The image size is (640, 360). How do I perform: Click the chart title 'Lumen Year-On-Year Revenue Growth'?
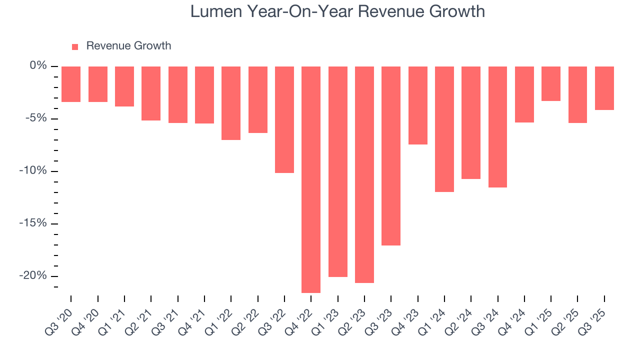[337, 11]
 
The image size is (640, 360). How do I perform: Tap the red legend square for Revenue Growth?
[75, 46]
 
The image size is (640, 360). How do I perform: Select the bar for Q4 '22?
[311, 179]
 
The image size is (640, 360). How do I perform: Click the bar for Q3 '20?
[71, 84]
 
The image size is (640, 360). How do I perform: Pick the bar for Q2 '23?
[364, 174]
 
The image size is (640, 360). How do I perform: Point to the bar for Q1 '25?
[551, 83]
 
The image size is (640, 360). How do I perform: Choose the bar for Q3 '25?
[604, 88]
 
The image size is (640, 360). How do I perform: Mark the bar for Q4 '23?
[417, 105]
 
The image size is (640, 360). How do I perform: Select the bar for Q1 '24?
[444, 129]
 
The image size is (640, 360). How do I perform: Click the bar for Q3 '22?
[284, 119]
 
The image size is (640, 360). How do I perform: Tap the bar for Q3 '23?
[391, 156]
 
